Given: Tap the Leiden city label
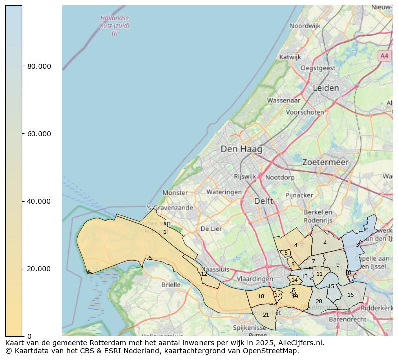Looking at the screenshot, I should click(326, 88).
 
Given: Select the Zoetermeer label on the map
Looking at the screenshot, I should click(325, 162).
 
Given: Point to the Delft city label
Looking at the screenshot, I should click(264, 201).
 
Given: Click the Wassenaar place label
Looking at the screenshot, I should click(283, 100).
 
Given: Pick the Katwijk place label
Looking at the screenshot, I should click(290, 57).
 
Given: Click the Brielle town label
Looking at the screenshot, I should click(171, 285).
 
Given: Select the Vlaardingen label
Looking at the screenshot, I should click(255, 279).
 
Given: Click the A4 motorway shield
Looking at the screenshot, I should click(384, 56).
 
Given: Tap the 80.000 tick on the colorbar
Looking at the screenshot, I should click(39, 66).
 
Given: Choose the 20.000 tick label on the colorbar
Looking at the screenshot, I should click(39, 269).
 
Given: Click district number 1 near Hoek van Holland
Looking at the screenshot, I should click(165, 232).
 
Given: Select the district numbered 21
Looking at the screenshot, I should click(266, 315).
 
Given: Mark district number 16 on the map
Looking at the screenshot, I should click(350, 295).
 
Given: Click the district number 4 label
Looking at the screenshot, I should click(296, 245).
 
